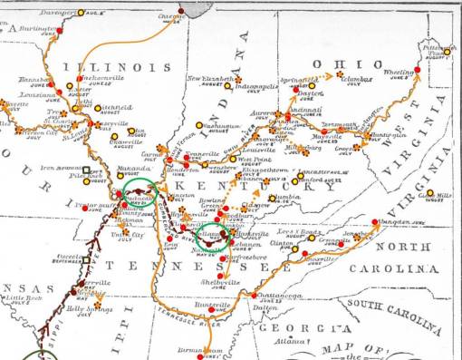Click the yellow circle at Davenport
82,13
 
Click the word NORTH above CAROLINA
405,247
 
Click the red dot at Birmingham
208,349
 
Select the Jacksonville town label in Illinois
103,78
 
